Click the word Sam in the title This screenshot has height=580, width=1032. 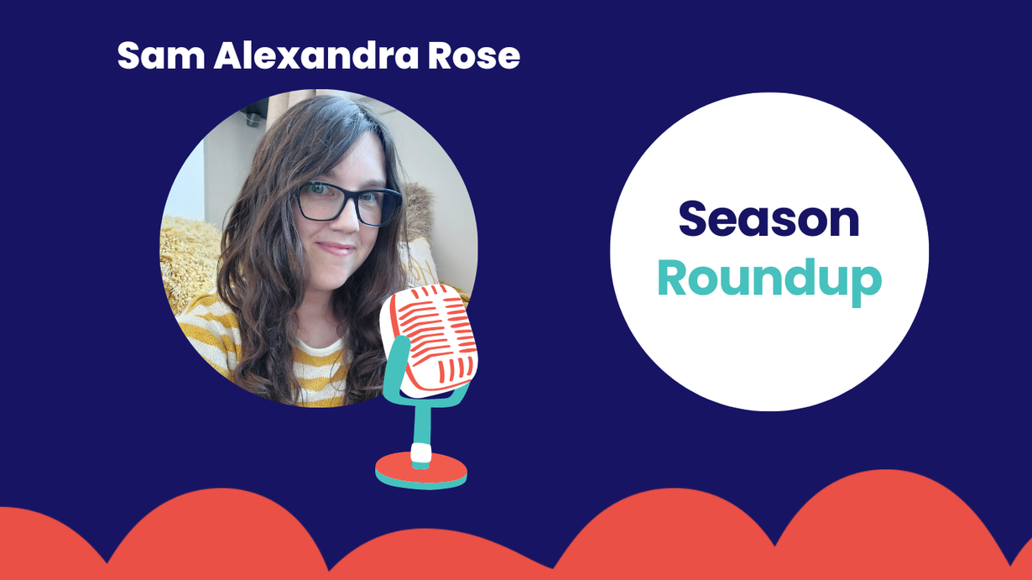pyautogui.click(x=161, y=55)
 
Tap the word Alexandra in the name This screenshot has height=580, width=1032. pyautogui.click(x=316, y=55)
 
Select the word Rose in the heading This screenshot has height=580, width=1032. pyautogui.click(x=474, y=55)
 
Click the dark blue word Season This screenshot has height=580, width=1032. pyautogui.click(x=769, y=219)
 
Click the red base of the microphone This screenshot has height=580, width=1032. pyautogui.click(x=421, y=470)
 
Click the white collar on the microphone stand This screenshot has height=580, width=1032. pyautogui.click(x=421, y=452)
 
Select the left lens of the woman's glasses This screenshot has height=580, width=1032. pyautogui.click(x=321, y=201)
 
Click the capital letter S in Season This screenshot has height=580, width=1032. pyautogui.click(x=692, y=219)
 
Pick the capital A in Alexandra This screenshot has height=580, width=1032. pyautogui.click(x=229, y=55)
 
